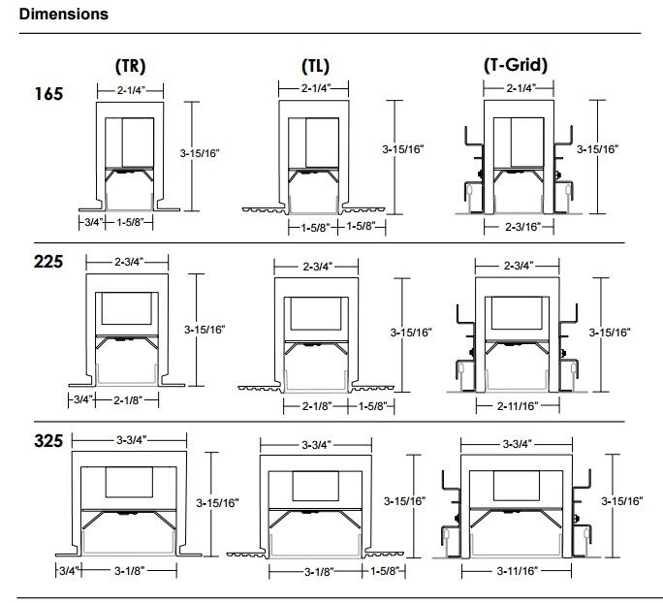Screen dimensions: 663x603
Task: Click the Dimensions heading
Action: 63,14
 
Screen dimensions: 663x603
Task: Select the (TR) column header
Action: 130,66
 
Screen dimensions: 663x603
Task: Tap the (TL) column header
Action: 315,66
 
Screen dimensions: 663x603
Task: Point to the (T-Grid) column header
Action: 516,65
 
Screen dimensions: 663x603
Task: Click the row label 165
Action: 48,94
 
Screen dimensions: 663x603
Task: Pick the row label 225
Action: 48,262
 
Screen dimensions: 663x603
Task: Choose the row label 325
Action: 48,441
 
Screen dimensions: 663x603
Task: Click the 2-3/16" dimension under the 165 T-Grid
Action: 523,227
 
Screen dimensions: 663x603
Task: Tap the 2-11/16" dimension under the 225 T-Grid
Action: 518,406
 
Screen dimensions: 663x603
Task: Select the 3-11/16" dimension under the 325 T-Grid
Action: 518,571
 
